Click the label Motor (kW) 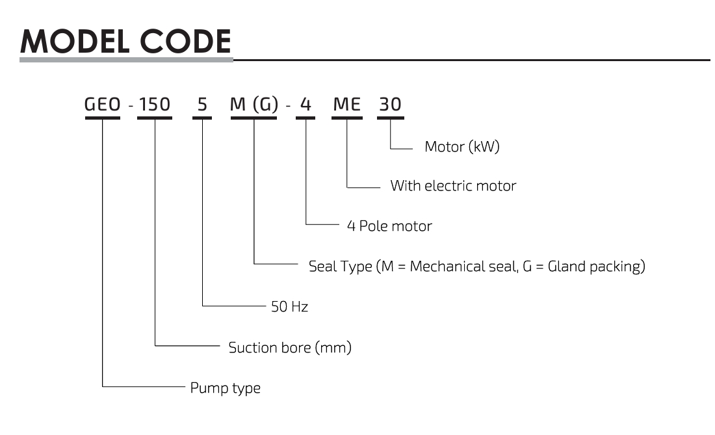(461, 147)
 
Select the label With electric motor (453, 186)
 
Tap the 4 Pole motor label (389, 226)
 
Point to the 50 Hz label (289, 306)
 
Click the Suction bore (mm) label (290, 348)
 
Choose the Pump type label (225, 389)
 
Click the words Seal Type (340, 267)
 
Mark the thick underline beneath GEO (103, 118)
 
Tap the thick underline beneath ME (346, 118)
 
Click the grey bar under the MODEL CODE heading (125, 60)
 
